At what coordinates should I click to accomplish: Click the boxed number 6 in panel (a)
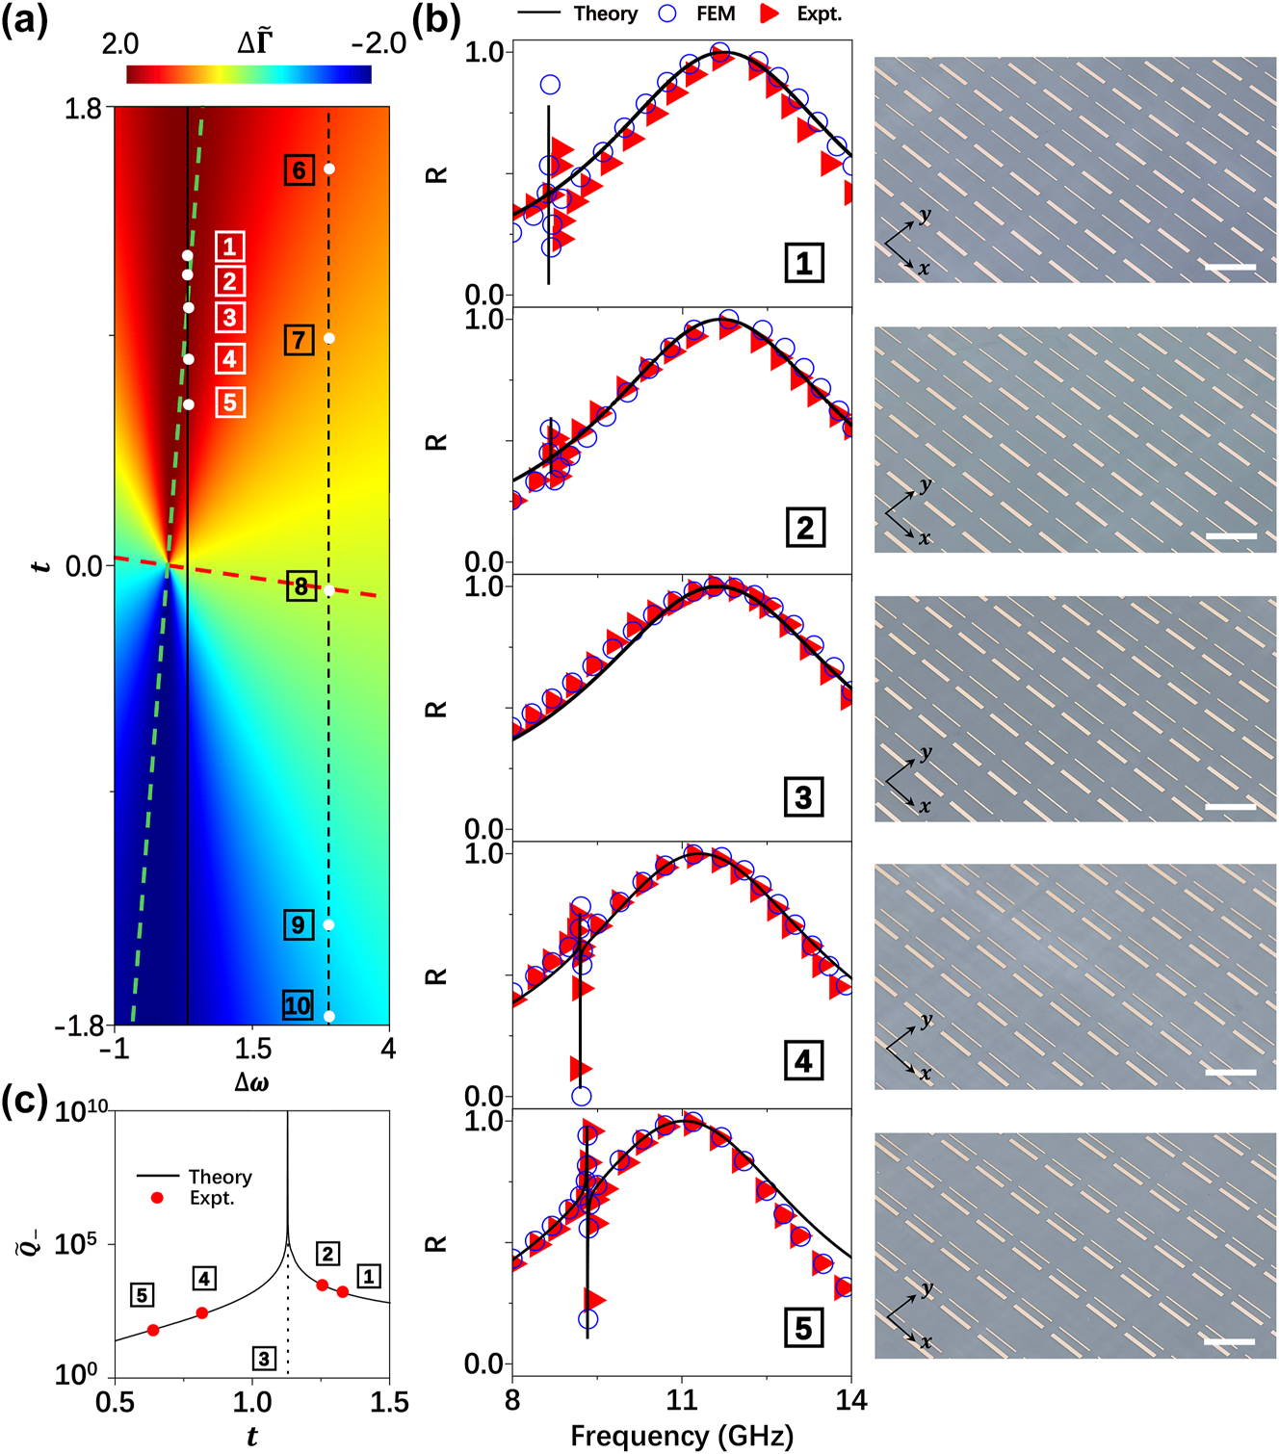point(300,170)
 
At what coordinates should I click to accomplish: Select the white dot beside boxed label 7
point(329,338)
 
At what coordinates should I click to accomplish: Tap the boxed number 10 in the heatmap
point(298,1005)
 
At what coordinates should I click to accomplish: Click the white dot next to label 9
point(329,924)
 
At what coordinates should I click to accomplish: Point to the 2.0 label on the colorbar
point(120,44)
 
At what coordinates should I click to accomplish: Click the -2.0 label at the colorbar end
point(378,43)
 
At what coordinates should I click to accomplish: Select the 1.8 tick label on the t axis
point(83,109)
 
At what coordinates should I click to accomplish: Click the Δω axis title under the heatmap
point(252,1082)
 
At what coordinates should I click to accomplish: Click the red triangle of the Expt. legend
point(769,13)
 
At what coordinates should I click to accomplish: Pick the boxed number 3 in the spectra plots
point(803,796)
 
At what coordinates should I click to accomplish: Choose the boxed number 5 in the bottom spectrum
point(803,1328)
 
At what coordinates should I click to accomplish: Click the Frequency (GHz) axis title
point(682,1436)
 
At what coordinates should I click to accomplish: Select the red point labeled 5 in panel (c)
point(153,1330)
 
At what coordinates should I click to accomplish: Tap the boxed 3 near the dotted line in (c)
point(264,1358)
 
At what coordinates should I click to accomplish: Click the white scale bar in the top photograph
point(1230,267)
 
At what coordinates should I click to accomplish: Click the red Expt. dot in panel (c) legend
point(158,1198)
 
